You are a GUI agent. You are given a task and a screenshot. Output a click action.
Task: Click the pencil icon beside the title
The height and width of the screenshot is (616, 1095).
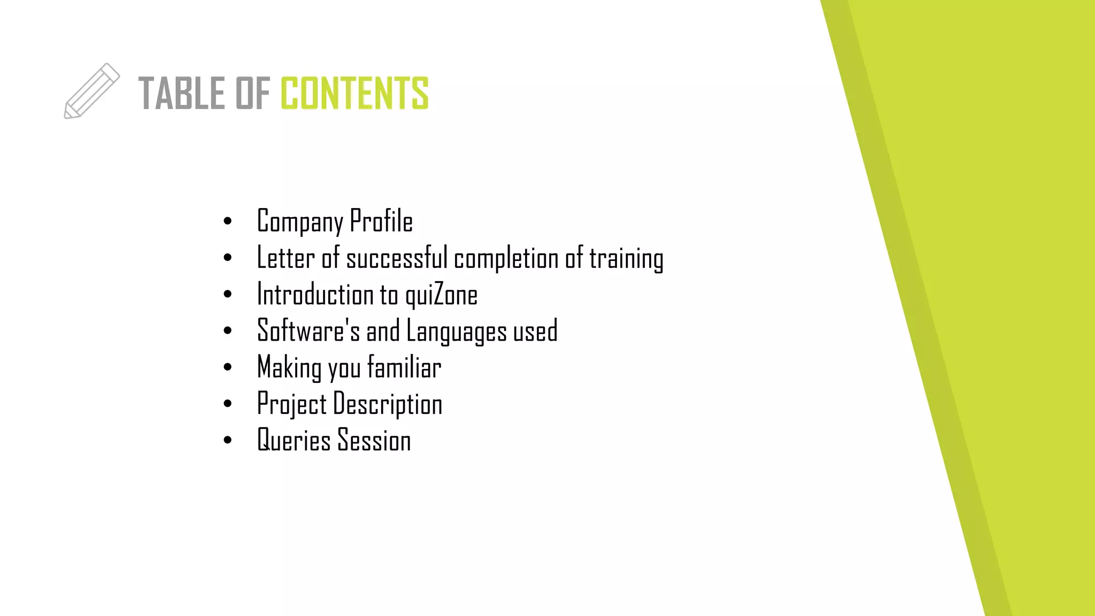[91, 91]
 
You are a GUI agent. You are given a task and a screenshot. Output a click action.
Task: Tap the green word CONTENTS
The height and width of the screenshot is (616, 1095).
[354, 94]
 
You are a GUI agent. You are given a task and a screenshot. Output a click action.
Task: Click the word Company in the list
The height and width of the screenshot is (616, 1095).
[300, 221]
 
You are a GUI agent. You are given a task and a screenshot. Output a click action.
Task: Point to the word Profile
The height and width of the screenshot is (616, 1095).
[381, 220]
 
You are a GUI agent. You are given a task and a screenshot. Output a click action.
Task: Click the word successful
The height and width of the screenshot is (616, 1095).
[397, 258]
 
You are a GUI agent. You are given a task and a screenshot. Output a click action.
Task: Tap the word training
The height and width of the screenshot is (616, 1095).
[626, 259]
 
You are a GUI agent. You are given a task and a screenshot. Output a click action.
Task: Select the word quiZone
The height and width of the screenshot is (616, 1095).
[441, 295]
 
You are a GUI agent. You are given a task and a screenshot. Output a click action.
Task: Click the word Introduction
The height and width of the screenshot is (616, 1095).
[315, 295]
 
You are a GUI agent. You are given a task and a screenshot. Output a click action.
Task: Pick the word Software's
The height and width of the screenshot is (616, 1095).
[309, 330]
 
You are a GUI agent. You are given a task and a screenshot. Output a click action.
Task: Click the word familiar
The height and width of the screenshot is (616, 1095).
[404, 367]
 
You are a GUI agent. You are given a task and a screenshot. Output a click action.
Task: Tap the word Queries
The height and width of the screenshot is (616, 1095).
[294, 441]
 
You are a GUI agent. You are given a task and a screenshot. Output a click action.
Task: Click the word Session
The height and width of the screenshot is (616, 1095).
[374, 441]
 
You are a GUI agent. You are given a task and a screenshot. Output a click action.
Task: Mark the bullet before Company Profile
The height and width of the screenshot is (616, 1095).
[228, 221]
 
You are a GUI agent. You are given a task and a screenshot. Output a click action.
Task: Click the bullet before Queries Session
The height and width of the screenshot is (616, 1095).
[228, 441]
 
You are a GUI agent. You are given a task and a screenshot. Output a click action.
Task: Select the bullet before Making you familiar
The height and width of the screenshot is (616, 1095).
[228, 367]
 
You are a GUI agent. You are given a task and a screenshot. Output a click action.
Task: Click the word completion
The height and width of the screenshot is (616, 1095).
[506, 259]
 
